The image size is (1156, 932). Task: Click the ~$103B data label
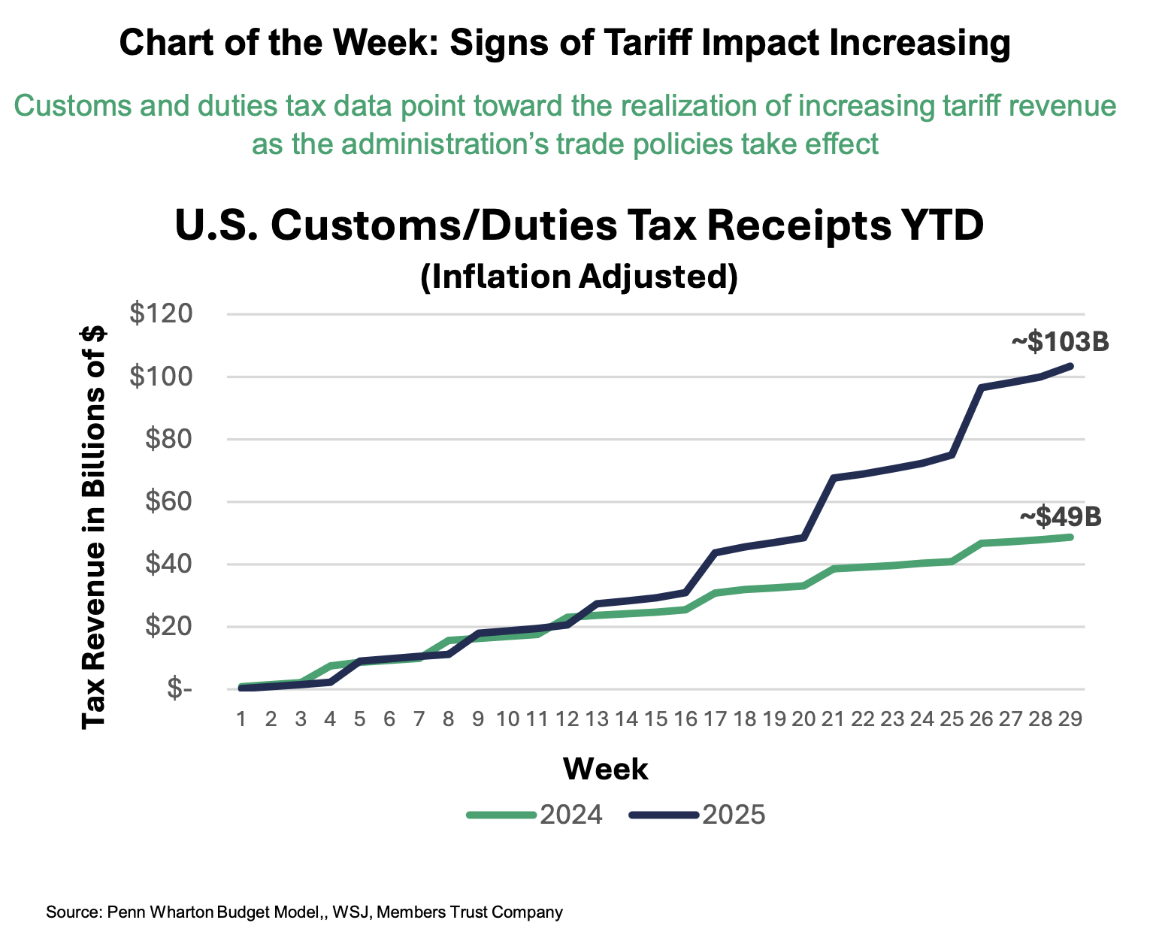[x=1059, y=342]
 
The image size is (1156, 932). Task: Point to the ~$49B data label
[x=1060, y=517]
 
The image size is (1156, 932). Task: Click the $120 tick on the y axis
[x=161, y=314]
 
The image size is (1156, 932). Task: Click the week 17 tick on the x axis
[x=715, y=719]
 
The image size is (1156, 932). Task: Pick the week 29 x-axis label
[x=1070, y=719]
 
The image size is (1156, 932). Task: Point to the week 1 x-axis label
[x=241, y=719]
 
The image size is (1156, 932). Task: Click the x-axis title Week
[x=606, y=769]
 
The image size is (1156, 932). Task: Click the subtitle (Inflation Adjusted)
[x=579, y=276]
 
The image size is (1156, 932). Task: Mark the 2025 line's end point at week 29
[x=1070, y=366]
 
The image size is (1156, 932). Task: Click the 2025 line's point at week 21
[x=833, y=477]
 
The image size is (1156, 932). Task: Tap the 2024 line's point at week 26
[x=981, y=543]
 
